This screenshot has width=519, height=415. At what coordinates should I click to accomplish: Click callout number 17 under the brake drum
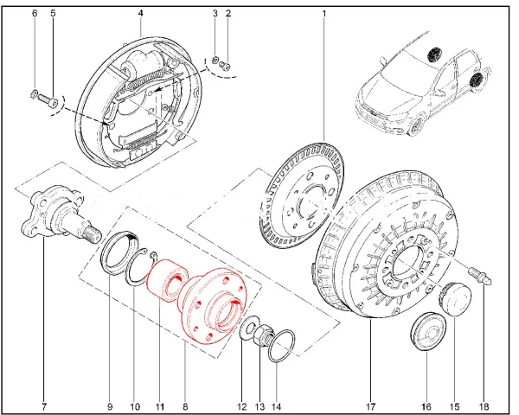369,405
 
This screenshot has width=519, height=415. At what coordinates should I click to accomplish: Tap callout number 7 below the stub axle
44,405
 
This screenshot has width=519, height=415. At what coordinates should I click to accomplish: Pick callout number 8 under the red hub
184,405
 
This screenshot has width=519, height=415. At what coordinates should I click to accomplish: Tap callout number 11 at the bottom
159,405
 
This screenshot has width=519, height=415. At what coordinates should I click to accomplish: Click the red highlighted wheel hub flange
208,307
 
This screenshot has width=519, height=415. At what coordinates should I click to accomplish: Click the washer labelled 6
33,93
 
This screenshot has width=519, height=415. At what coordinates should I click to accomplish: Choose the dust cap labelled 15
454,299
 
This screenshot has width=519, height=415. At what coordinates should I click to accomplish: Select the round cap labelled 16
425,334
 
